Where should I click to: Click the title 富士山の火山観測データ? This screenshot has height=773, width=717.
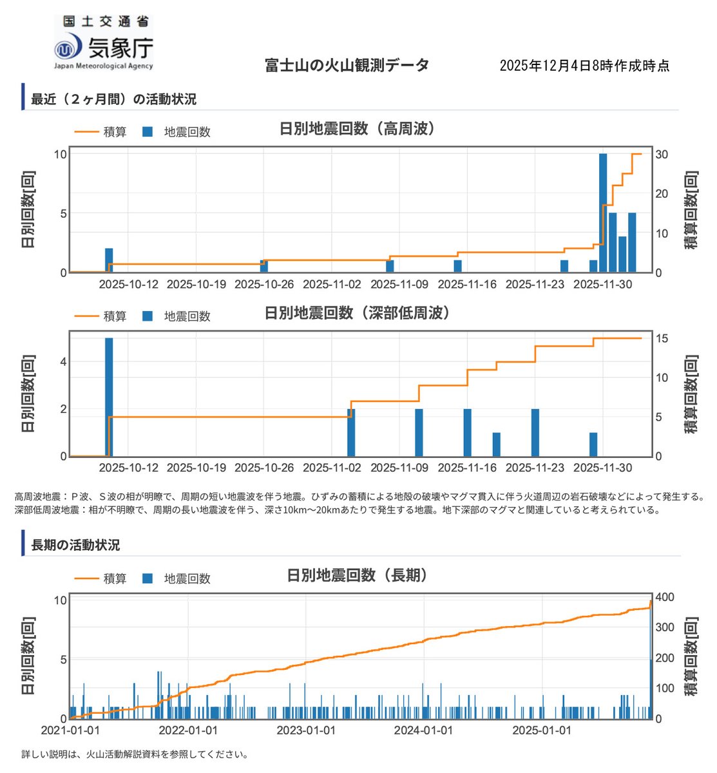[x=347, y=65]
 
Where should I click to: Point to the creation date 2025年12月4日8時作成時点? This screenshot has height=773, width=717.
[x=584, y=66]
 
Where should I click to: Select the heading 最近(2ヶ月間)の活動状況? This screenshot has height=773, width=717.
[x=113, y=99]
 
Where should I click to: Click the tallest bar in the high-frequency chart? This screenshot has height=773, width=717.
[x=603, y=213]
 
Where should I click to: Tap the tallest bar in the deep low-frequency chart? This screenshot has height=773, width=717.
[x=109, y=397]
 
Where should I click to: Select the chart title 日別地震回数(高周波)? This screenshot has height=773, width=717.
[x=358, y=129]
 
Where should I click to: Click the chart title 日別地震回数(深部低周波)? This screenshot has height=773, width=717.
[x=358, y=313]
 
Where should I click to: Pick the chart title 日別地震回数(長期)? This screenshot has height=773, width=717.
[x=358, y=575]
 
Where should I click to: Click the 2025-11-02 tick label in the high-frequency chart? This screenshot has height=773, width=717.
[x=332, y=284]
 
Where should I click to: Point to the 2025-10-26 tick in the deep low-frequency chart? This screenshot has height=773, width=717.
[x=264, y=468]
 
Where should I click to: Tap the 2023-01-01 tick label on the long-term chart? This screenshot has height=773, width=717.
[x=306, y=730]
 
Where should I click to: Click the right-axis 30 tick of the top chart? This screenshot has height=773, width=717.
[x=662, y=155]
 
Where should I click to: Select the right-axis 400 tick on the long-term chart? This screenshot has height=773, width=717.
[x=665, y=598]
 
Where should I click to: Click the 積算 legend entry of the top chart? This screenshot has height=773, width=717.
[x=101, y=132]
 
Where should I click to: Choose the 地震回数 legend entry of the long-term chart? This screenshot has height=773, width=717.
[x=177, y=578]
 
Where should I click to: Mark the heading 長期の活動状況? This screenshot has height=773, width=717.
[x=75, y=545]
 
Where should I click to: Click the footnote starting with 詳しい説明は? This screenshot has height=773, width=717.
[x=134, y=754]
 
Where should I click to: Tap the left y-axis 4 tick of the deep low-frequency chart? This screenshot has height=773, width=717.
[x=63, y=362]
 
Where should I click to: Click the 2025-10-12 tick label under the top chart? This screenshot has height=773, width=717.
[x=129, y=284]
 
